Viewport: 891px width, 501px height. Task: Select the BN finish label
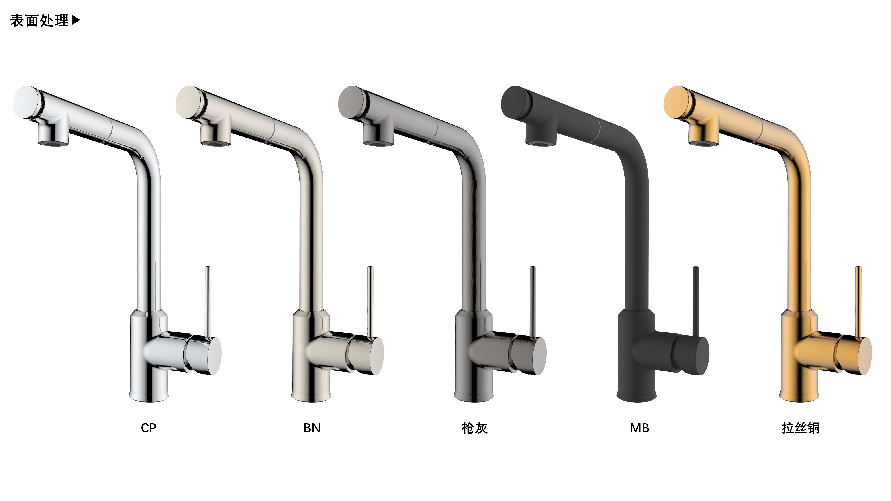click(x=312, y=428)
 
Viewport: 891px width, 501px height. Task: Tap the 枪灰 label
click(x=474, y=428)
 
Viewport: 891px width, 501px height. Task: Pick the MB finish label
click(x=639, y=428)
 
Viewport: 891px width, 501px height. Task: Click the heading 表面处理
click(x=39, y=21)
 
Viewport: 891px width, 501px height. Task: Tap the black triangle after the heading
click(x=76, y=20)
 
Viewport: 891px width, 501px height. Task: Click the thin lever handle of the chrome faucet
click(x=208, y=303)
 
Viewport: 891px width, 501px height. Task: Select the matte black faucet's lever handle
click(x=696, y=303)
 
